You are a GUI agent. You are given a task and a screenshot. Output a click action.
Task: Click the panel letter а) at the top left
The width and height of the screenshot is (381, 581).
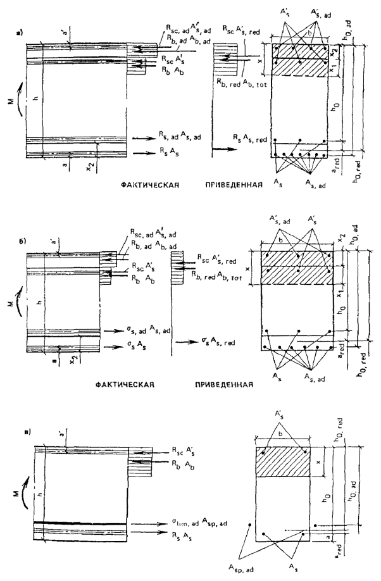(22, 28)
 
